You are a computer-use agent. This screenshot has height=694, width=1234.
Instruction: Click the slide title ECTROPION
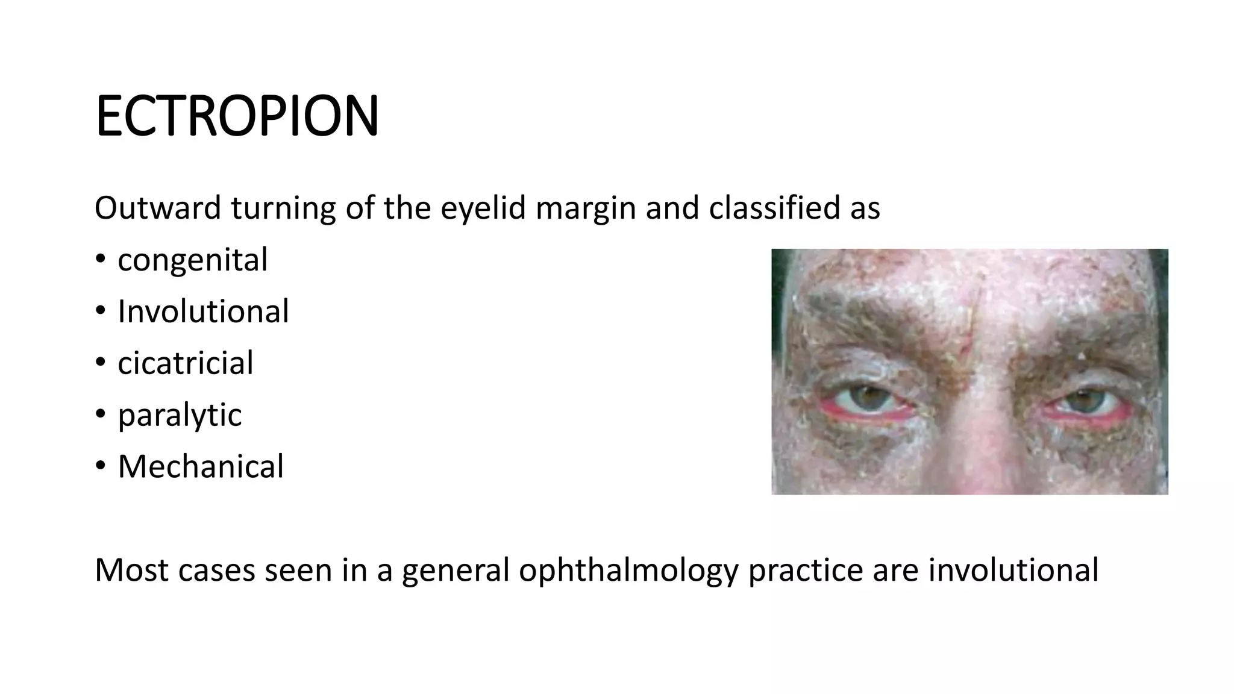237,116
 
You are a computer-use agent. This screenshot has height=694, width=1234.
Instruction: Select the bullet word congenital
192,260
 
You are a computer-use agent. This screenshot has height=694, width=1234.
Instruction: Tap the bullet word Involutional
203,311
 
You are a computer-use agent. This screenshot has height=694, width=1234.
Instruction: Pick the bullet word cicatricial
186,363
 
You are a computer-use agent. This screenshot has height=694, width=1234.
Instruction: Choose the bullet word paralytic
180,415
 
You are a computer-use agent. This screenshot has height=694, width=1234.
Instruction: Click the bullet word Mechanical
201,466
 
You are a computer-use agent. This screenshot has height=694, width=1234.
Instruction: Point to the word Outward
158,208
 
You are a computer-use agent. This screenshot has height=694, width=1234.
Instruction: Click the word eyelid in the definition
481,209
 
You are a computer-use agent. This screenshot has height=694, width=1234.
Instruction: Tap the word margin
585,209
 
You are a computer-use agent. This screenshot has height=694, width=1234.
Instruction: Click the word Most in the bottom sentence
131,570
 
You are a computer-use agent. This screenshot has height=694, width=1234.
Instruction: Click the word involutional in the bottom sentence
1013,570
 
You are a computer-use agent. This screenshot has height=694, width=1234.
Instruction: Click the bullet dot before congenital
100,260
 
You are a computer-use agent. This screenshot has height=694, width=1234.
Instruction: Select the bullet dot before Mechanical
100,466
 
